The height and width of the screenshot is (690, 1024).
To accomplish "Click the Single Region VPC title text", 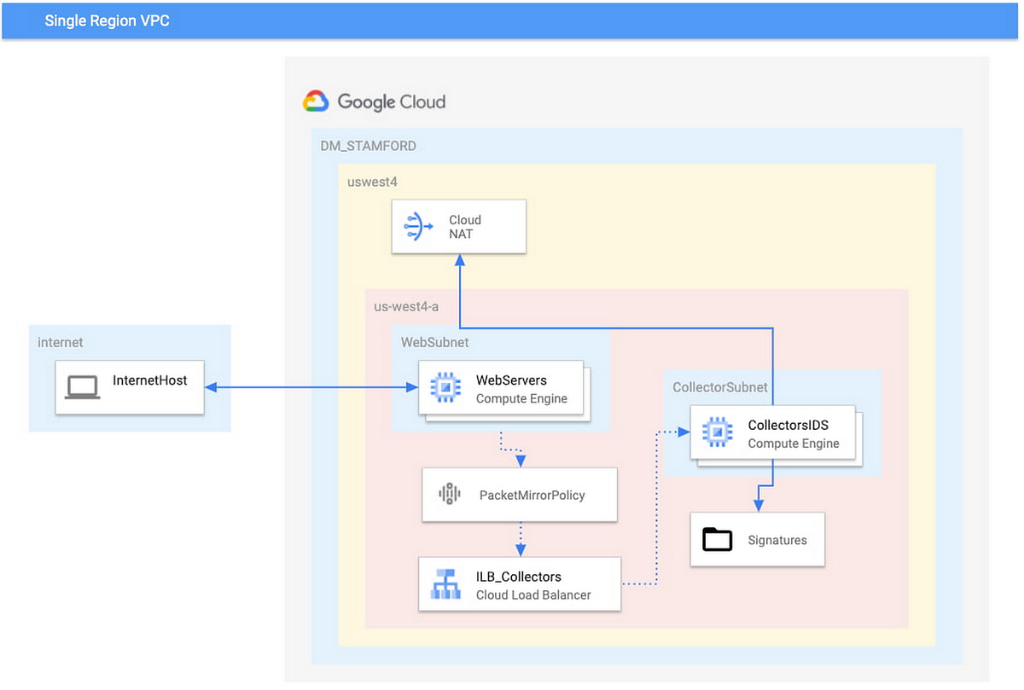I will (107, 20).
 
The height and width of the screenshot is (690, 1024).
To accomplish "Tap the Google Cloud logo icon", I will (316, 101).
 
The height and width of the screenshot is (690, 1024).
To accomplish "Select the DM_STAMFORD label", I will (368, 146).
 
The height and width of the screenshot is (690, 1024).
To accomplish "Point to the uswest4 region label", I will (372, 182).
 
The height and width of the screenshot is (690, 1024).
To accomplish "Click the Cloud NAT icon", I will (417, 227).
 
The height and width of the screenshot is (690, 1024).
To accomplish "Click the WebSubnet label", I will (435, 342).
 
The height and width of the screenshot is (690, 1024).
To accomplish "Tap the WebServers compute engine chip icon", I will (445, 388).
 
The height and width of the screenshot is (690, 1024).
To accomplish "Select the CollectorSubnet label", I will (719, 387).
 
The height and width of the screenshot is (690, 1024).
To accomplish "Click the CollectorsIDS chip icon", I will (717, 433).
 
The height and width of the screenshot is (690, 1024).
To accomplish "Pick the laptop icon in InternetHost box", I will (83, 388).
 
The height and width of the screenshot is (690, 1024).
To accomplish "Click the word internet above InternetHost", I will (61, 342).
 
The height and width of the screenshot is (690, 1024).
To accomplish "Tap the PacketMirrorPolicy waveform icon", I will (449, 494).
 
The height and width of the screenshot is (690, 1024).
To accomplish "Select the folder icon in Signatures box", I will (718, 539).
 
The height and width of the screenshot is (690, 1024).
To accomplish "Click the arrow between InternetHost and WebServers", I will (311, 387).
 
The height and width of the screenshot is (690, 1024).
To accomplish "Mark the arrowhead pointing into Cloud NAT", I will (459, 261).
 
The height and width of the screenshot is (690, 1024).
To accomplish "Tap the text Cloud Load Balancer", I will (532, 594).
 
